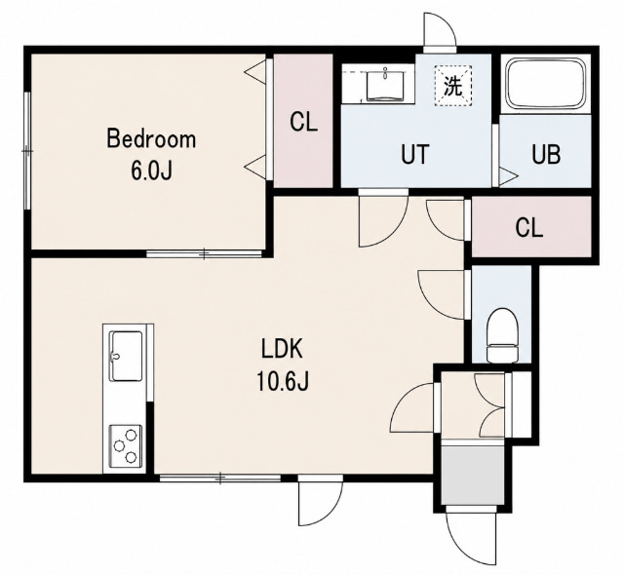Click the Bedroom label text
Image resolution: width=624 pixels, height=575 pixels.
click(151, 139)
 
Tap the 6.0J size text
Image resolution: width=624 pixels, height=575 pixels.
click(151, 171)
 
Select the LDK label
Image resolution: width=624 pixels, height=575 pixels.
click(283, 349)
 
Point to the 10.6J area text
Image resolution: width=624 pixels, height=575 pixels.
click(283, 380)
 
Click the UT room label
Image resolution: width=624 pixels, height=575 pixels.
click(415, 154)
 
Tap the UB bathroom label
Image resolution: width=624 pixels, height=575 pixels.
click(546, 154)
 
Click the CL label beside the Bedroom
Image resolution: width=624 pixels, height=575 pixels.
click(303, 122)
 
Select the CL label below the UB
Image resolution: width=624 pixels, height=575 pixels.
click(528, 228)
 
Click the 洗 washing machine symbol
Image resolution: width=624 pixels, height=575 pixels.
click(453, 86)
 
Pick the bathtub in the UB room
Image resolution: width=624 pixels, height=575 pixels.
click(546, 84)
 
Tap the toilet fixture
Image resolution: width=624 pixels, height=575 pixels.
click(503, 335)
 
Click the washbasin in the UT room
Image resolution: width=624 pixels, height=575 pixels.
click(384, 85)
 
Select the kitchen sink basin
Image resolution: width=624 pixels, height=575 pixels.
click(127, 356)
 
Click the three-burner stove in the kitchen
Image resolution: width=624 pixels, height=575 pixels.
click(126, 446)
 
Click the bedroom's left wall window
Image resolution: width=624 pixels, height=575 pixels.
click(27, 151)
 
